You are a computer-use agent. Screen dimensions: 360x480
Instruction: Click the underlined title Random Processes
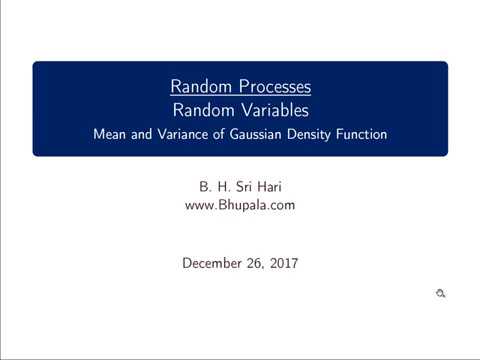239,87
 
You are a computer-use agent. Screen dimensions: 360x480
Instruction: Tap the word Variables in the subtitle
271,110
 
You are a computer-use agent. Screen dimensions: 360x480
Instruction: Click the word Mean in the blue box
109,133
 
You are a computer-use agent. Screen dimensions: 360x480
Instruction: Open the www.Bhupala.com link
239,205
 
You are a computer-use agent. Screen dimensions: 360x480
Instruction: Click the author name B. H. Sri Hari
239,187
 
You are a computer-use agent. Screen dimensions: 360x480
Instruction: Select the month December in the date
212,263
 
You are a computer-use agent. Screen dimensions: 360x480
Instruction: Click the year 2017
282,263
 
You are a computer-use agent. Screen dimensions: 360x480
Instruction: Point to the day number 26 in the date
253,263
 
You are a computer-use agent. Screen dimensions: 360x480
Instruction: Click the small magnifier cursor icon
440,293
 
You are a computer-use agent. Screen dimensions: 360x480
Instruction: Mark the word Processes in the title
270,87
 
